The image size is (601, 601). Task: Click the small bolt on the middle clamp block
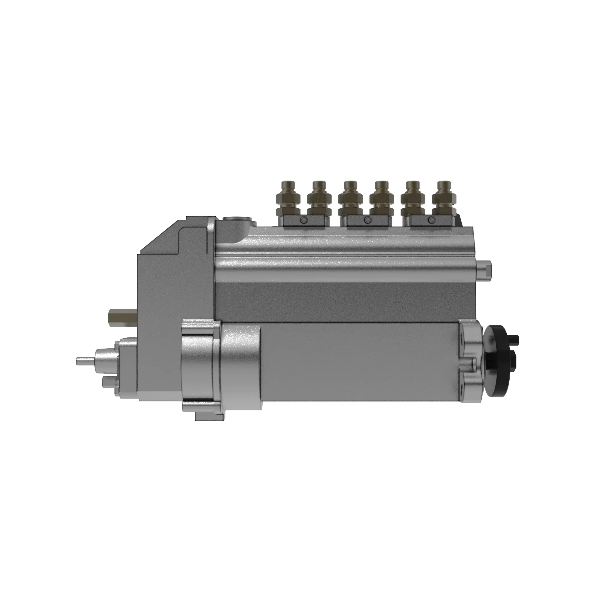point(368,220)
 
